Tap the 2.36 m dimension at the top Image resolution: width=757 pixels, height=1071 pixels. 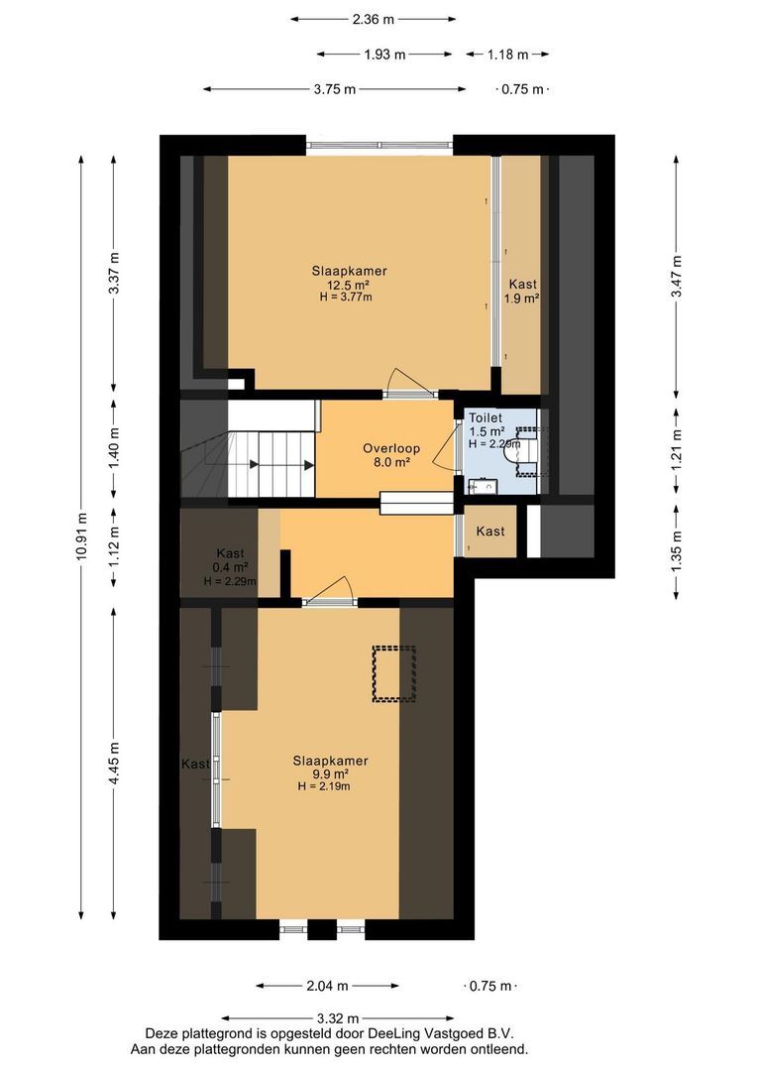point(374,18)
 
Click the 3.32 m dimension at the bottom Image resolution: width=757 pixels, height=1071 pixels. point(339,1018)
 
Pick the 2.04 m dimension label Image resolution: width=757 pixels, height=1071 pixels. point(327,986)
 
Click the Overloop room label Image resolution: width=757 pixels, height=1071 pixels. point(390,448)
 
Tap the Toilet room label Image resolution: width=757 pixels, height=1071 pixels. point(487,418)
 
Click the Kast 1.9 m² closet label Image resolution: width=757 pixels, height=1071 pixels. point(522,291)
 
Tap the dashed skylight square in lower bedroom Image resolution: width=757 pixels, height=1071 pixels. point(393,674)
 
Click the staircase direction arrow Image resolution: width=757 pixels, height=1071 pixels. point(256,463)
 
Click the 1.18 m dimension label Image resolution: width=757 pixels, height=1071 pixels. point(506,55)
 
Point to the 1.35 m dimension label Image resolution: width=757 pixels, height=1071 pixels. point(676,551)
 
